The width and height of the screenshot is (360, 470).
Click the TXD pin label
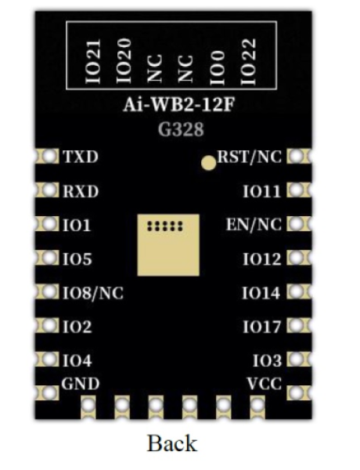point(81,157)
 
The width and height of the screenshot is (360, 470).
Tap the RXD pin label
point(81,191)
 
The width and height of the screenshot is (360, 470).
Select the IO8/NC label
point(93,293)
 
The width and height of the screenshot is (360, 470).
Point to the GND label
point(81,384)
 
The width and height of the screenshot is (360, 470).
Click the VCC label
point(265,384)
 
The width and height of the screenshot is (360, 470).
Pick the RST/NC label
point(250,157)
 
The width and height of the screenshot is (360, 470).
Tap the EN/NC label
point(254,225)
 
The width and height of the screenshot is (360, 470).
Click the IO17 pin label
point(262,327)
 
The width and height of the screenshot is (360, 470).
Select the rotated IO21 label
point(93,61)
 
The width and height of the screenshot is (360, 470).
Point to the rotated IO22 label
point(249,61)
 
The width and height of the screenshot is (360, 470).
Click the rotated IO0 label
point(217,67)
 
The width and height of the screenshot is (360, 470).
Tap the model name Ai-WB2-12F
point(179,105)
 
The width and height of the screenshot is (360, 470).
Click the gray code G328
point(181,129)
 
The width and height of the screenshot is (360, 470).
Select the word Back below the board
point(172,443)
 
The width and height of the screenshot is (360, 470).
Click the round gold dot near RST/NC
point(208,164)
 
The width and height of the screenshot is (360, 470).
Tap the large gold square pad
point(168,245)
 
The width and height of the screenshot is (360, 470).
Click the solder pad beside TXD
point(48,157)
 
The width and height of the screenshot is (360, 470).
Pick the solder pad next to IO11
point(298,190)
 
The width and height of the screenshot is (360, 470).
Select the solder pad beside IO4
point(48,360)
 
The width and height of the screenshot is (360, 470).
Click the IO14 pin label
point(261,293)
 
